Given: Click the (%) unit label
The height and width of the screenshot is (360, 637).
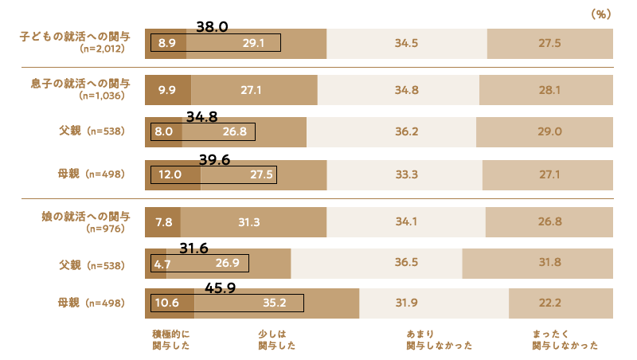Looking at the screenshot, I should point(600,14).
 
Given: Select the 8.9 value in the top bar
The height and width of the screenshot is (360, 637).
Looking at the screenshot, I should point(166,44).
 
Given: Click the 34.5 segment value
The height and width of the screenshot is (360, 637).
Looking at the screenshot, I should point(406,44).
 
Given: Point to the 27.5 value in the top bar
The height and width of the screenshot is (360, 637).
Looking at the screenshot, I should point(550,44).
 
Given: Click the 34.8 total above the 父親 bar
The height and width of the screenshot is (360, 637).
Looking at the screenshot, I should point(202,116).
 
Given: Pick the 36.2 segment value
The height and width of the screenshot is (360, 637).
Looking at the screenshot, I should point(391,132).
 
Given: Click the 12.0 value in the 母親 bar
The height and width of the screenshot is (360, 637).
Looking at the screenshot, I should point(171,174).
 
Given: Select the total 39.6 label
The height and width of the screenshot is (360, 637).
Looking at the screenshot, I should point(214,160).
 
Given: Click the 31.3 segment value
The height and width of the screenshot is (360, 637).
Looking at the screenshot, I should point(249,222).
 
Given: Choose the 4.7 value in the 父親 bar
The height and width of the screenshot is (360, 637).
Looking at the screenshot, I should point(162,264).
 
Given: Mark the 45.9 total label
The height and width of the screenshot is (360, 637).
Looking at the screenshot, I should point(221,288).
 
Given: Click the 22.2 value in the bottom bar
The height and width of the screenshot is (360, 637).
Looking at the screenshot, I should point(561,303).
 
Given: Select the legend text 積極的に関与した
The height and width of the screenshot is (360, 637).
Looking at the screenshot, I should point(170,340).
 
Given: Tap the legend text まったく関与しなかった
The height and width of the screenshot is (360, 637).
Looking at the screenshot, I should point(565,340).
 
